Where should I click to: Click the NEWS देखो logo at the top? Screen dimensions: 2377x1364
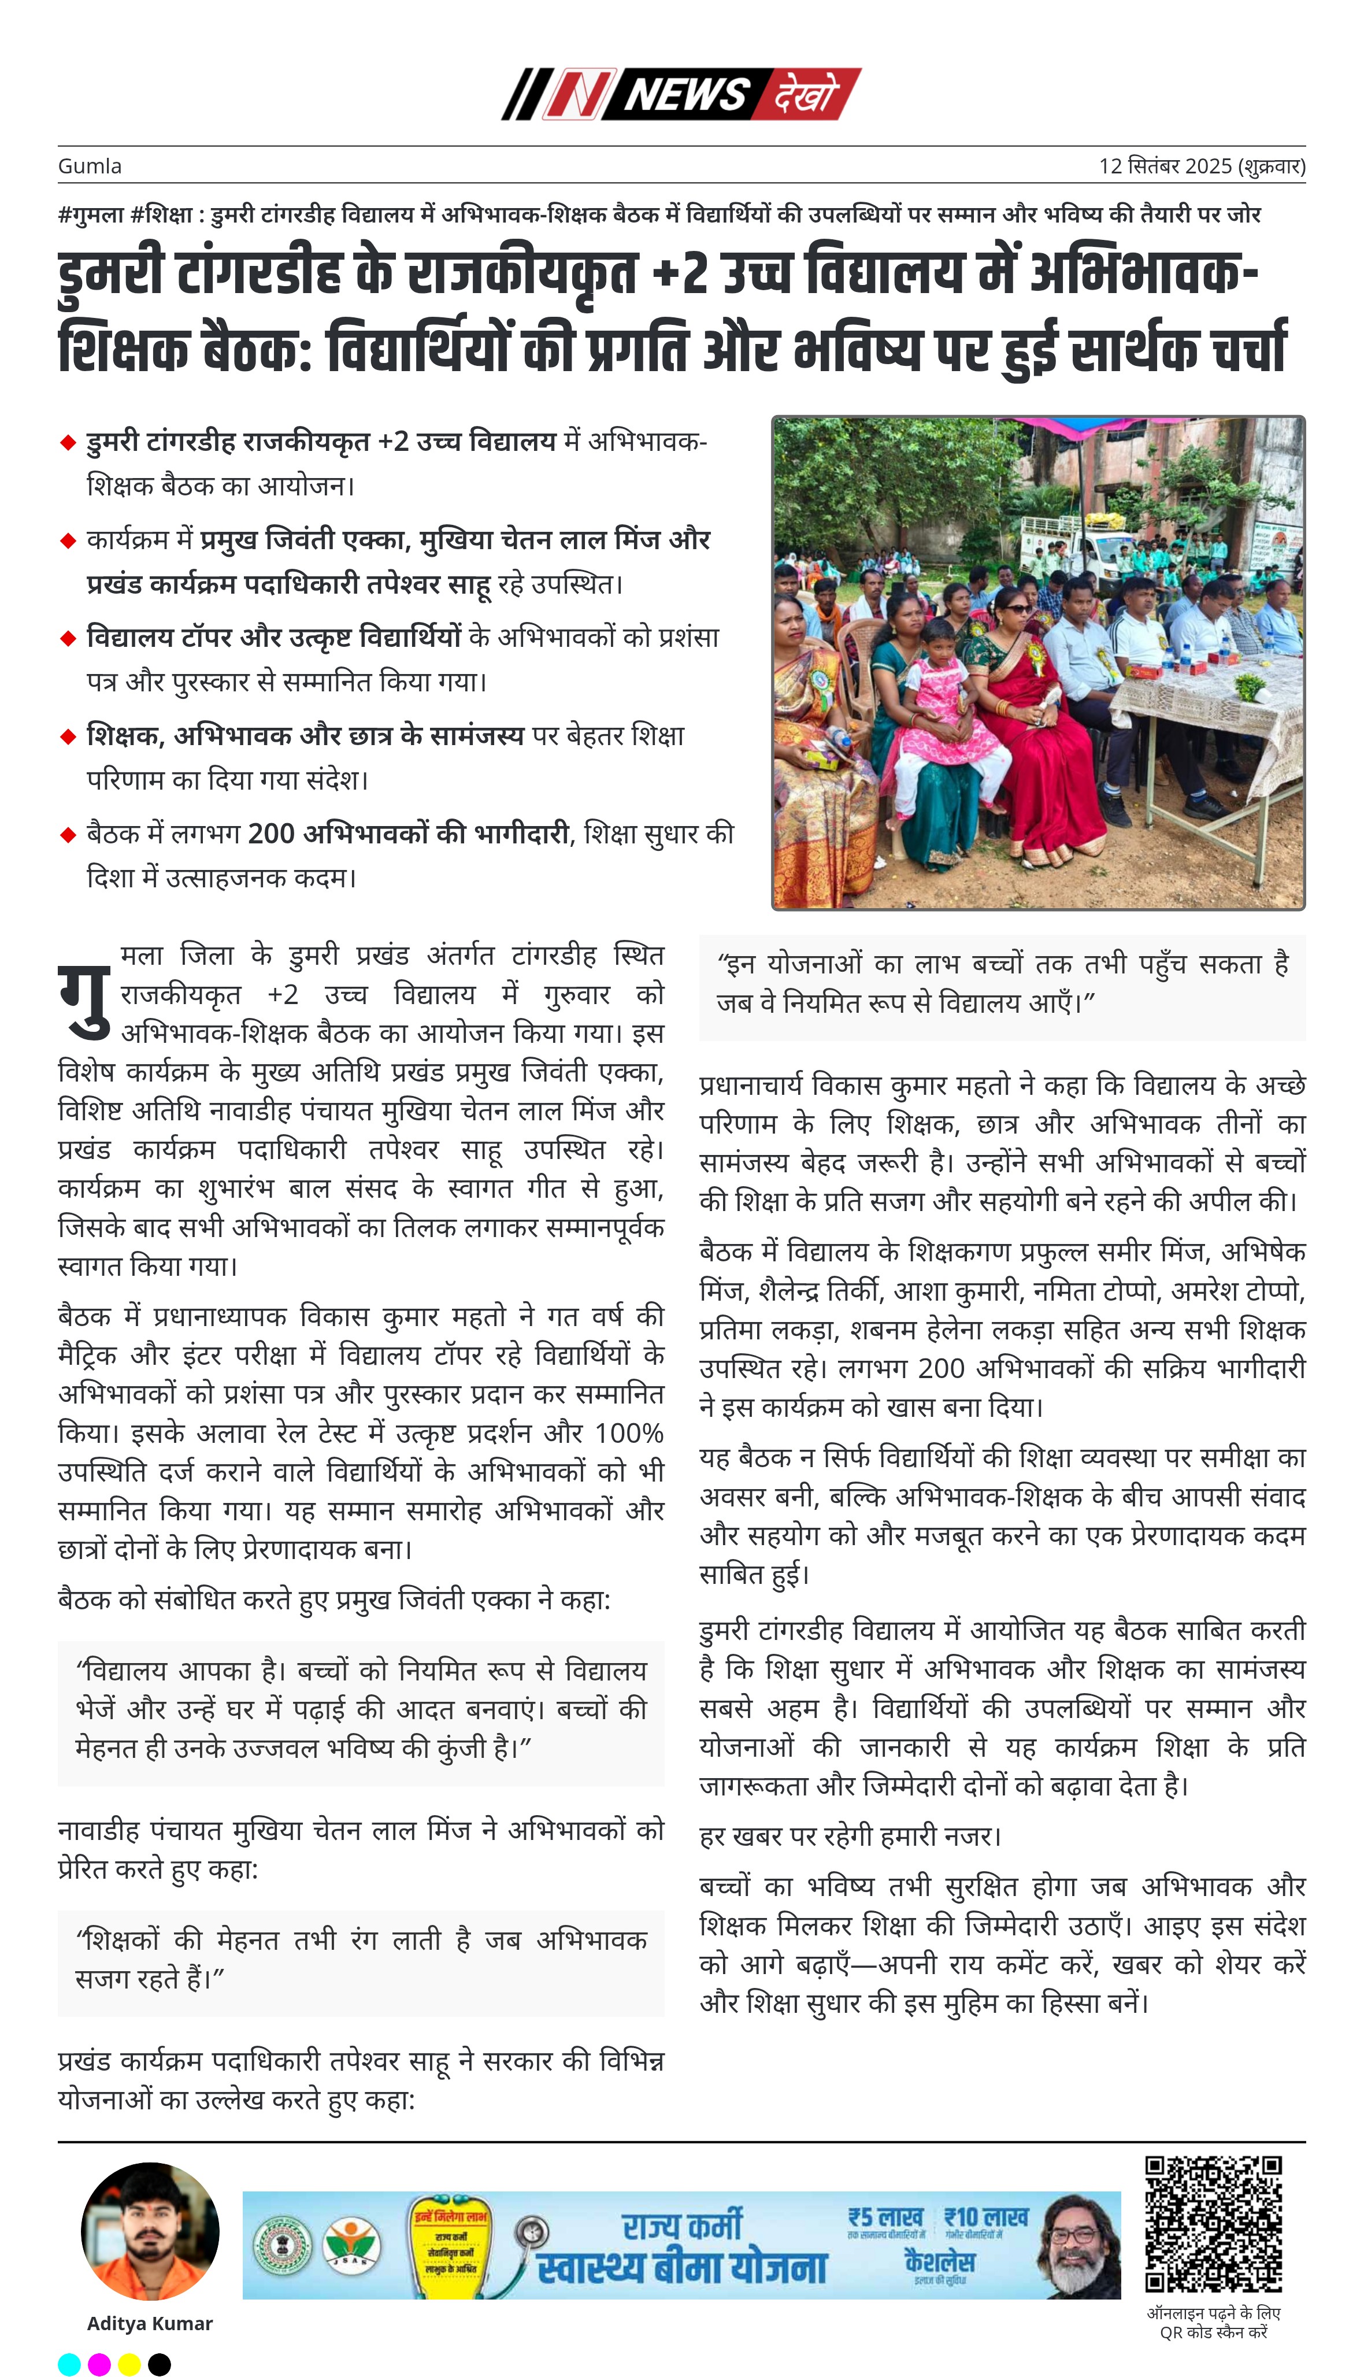681,94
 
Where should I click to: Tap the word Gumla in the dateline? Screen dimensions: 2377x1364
90,166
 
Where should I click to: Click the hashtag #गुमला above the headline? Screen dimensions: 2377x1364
91,214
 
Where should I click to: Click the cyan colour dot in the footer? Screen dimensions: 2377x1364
69,2364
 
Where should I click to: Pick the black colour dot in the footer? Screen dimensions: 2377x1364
160,2364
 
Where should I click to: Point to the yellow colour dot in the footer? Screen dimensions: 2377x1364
129,2364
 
